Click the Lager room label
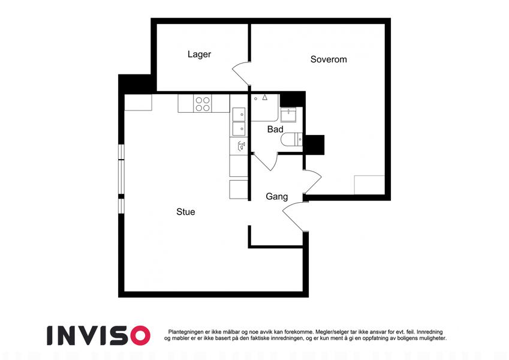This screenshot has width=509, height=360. click(x=199, y=54)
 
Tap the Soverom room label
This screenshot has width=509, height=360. click(x=329, y=59)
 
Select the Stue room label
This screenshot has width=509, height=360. click(x=186, y=212)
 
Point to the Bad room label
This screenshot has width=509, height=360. click(x=275, y=130)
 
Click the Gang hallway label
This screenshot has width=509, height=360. click(x=276, y=197)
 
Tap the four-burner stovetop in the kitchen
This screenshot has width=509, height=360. click(x=203, y=104)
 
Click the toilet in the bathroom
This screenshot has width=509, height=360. click(x=292, y=140)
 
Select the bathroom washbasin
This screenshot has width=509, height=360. click(x=288, y=114)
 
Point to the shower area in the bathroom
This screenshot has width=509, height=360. click(x=265, y=107)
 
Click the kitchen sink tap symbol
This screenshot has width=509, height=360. click(x=241, y=146)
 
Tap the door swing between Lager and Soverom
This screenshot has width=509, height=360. click(x=240, y=73)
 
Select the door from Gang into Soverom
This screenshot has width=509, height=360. click(x=312, y=181)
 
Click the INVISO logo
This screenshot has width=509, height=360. click(x=99, y=335)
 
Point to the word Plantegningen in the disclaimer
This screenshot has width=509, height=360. click(x=186, y=332)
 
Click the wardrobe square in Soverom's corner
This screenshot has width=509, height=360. click(x=369, y=185)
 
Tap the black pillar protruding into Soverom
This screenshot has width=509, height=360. click(x=314, y=145)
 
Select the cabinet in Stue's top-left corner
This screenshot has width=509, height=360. click(x=138, y=103)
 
